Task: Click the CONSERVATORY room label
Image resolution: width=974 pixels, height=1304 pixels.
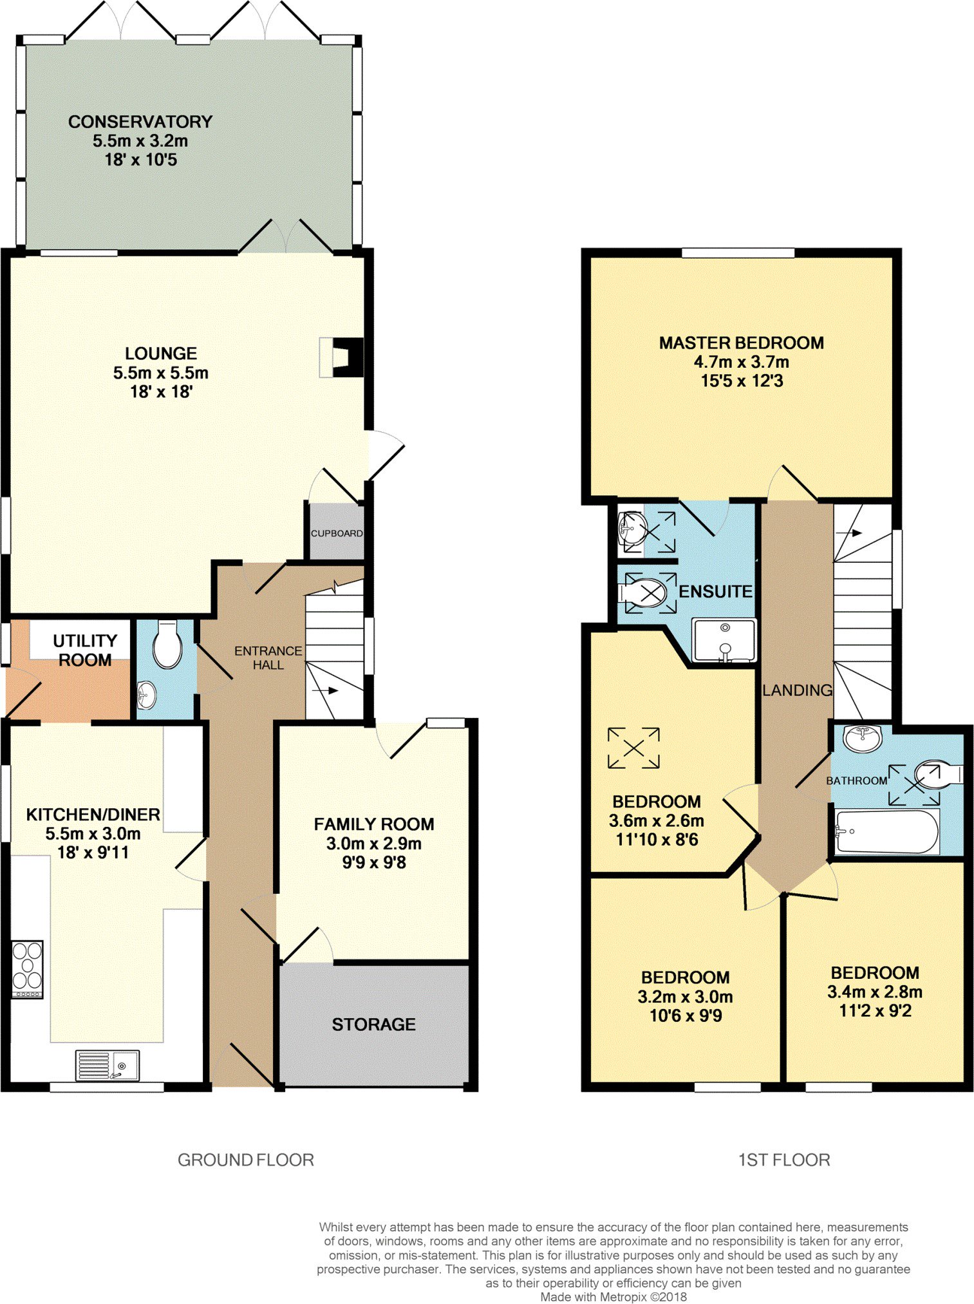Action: pos(140,122)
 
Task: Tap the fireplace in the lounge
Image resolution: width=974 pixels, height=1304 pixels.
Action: pos(341,357)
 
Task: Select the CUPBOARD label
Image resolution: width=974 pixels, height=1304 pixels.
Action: pos(337,533)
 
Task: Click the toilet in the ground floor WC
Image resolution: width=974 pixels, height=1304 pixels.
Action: pos(167,645)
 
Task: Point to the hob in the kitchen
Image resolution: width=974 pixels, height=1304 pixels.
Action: pos(28,969)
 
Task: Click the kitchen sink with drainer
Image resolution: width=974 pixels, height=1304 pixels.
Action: pos(107,1065)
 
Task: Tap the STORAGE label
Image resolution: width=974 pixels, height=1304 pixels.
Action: pos(373,1025)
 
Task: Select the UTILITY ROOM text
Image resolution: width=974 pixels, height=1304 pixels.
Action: pos(85,650)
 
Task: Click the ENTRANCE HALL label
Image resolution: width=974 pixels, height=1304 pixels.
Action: pos(268,657)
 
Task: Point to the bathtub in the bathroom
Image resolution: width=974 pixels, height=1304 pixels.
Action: pos(887,831)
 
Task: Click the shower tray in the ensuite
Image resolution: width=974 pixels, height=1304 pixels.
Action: pos(724,640)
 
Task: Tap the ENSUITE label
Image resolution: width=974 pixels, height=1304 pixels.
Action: pos(716,591)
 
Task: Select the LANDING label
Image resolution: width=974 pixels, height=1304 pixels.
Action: pos(798,690)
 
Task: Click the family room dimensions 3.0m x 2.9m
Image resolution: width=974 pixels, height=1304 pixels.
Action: pos(374,844)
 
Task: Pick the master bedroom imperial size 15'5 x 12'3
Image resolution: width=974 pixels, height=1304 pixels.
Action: pos(742,381)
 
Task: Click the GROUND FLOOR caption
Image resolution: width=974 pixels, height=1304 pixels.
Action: pos(246,1160)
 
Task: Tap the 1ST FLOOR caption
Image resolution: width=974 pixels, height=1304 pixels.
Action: pos(784,1160)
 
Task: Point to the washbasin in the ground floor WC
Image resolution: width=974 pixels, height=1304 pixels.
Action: pos(147,694)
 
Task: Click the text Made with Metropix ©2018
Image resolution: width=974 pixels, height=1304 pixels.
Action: pos(613,1297)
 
